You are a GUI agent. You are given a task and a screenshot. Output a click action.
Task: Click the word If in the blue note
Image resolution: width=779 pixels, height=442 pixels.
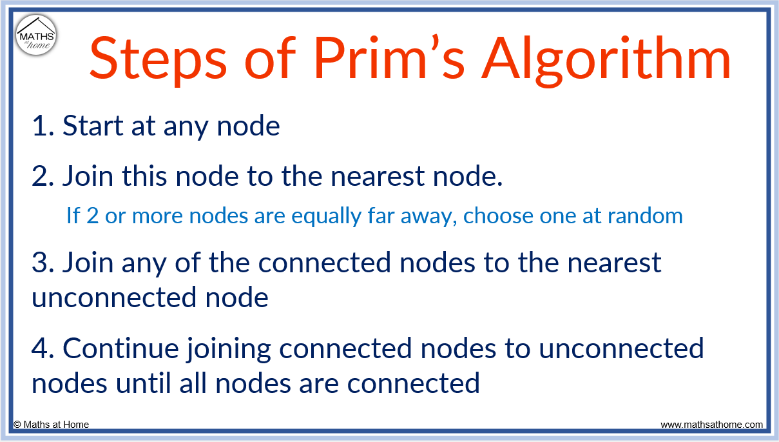pos(73,215)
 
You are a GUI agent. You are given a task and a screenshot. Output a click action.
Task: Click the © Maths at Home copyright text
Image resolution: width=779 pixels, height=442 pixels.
pos(52,425)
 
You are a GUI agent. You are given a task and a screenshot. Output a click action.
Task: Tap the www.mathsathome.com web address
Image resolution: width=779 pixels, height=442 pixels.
pos(711,425)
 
